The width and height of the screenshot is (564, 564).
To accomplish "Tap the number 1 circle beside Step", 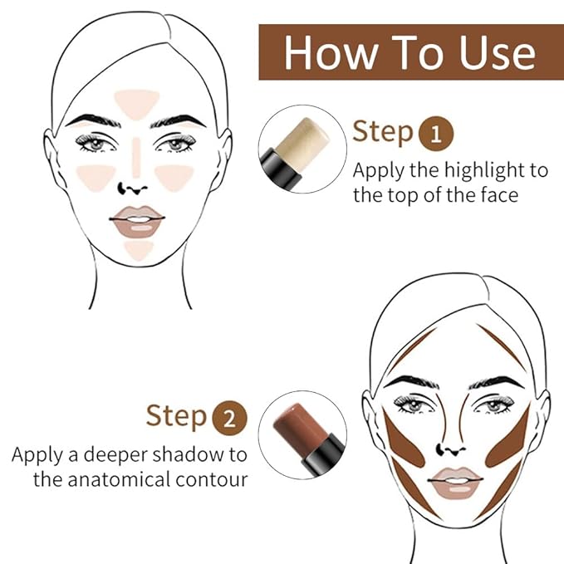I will click(x=435, y=133).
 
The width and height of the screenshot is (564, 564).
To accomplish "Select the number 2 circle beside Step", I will click(x=229, y=415).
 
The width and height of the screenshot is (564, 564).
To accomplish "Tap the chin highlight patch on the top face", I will click(x=138, y=248).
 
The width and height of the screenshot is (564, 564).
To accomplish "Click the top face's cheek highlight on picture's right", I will click(x=175, y=176).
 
